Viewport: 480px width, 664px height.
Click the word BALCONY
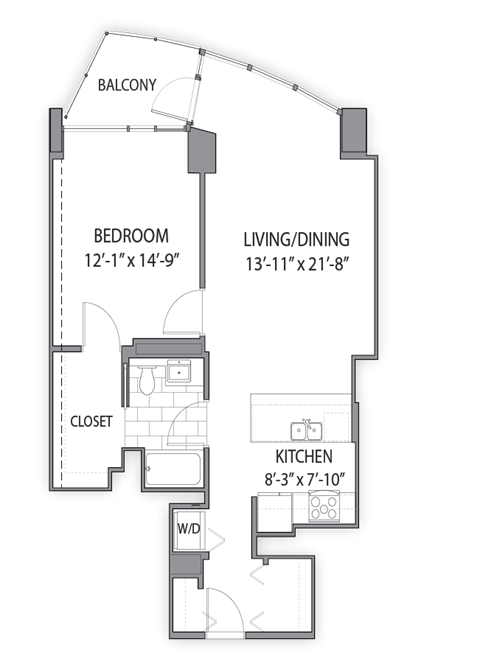point(127,85)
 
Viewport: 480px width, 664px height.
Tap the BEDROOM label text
point(130,236)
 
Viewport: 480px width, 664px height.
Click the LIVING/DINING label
point(296,240)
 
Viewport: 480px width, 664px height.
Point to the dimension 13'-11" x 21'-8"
point(296,265)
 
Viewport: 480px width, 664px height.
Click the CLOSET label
point(91,421)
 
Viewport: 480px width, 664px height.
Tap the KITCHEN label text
point(296,457)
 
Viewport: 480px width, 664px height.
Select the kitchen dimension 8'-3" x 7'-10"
point(301,480)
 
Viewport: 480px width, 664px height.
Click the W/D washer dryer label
point(188,528)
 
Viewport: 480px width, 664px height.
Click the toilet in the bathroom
point(146,378)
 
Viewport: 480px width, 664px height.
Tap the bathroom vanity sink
point(182,374)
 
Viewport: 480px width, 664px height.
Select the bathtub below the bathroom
point(174,468)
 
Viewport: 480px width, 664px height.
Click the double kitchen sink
point(306,431)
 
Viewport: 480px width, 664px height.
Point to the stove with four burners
point(326,508)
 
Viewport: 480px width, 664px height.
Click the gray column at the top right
point(353,132)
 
